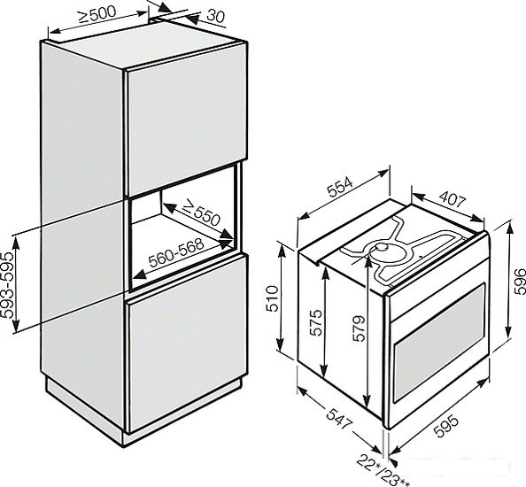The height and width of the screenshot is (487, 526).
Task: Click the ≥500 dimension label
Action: coord(97,14)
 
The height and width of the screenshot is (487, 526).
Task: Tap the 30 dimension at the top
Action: coord(215,16)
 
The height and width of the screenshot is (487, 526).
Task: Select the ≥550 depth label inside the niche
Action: coord(202,213)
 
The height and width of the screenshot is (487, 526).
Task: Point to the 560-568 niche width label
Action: coord(176,252)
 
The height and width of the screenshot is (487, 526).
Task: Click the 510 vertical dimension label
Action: coord(272,298)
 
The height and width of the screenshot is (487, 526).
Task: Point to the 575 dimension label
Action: coord(315,322)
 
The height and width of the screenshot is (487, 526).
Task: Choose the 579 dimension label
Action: coord(359,329)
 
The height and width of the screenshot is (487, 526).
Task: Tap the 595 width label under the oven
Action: coord(445,426)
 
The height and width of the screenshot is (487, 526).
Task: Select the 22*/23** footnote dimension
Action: coord(383,470)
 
